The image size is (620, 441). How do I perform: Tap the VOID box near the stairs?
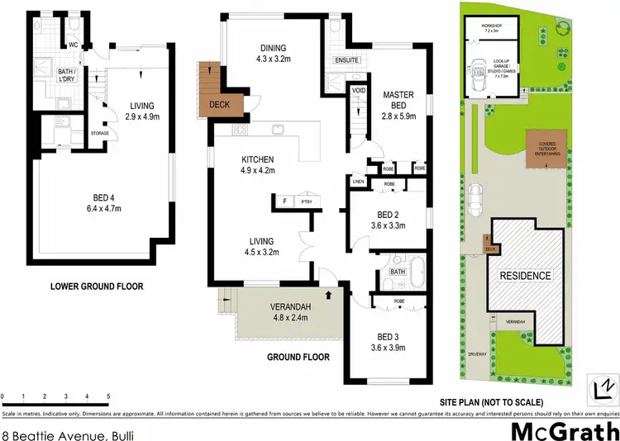pos(359,90)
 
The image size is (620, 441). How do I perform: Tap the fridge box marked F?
pos(285,201)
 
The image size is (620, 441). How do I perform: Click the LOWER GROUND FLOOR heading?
pos(98,287)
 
